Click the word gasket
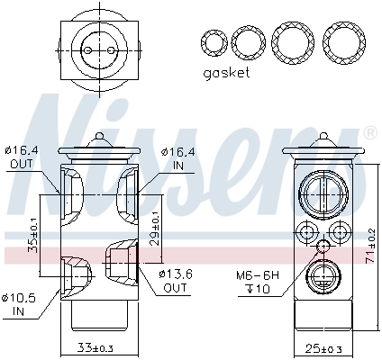tap(225, 72)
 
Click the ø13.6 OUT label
tap(175, 280)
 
